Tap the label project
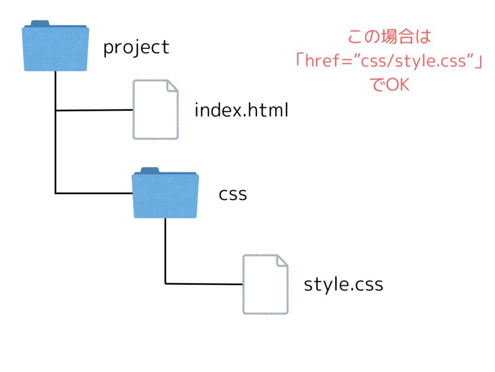[136, 47]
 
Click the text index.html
[241, 110]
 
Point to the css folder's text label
[233, 194]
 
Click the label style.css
[343, 284]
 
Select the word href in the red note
[322, 61]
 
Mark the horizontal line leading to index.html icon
[94, 110]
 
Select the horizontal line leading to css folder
[94, 193]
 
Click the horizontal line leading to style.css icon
[203, 283]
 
